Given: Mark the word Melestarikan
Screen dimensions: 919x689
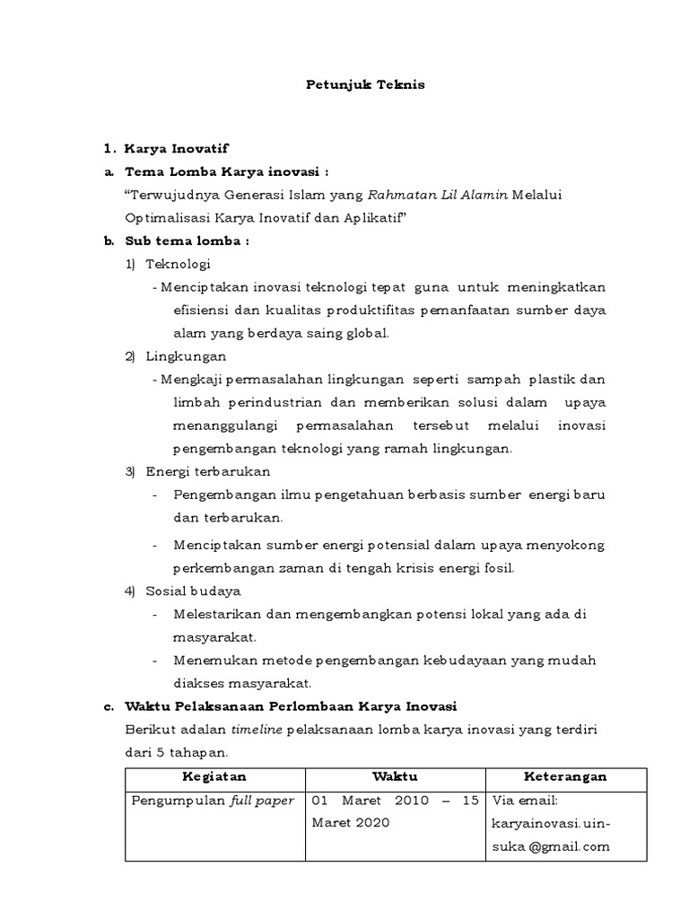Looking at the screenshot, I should (213, 614).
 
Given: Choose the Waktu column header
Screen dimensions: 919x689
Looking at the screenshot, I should (395, 776).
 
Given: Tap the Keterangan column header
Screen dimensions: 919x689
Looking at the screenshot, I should (565, 776).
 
